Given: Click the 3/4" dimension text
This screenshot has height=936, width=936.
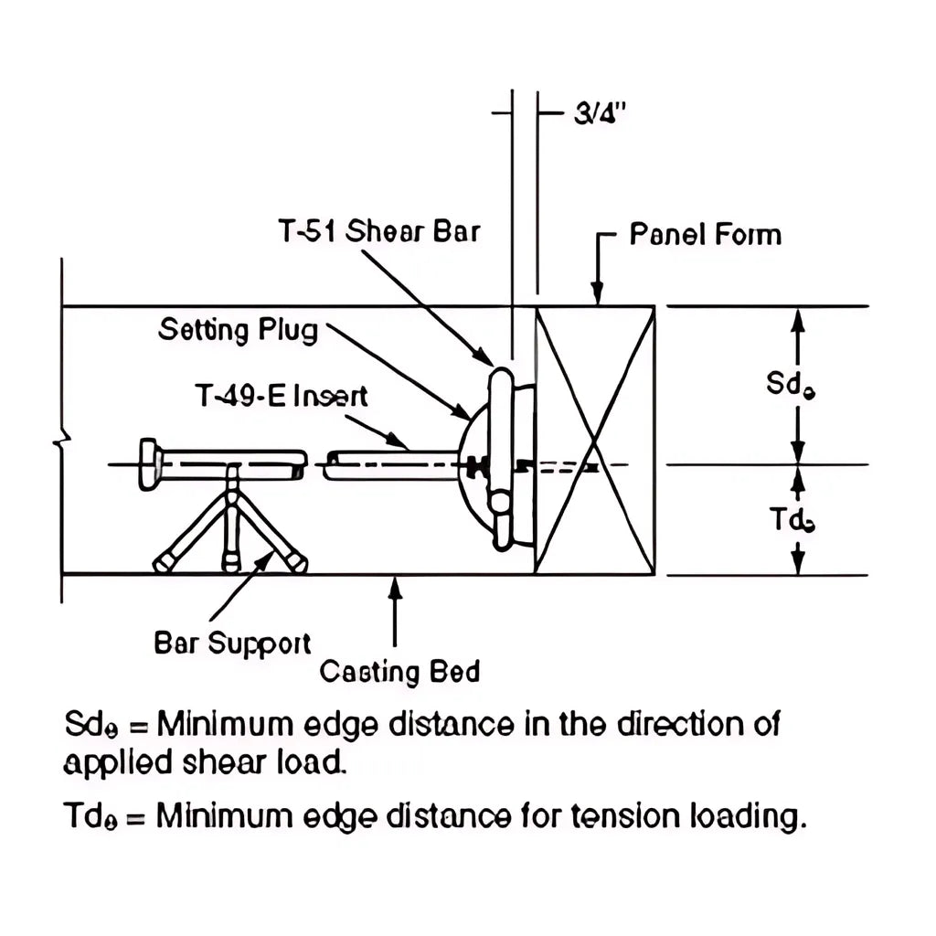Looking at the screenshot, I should pyautogui.click(x=599, y=115).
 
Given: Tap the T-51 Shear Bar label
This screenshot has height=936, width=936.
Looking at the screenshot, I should pyautogui.click(x=378, y=231).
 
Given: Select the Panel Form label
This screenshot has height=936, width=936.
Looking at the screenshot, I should pyautogui.click(x=705, y=235).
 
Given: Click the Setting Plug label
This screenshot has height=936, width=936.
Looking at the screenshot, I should pyautogui.click(x=239, y=329).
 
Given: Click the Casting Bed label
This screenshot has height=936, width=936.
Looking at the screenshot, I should pyautogui.click(x=399, y=673).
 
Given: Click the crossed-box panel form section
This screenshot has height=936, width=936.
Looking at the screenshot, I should pyautogui.click(x=595, y=441).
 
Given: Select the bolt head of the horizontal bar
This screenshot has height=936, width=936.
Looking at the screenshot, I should pyautogui.click(x=148, y=464).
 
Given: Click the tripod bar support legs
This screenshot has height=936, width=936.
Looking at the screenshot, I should pyautogui.click(x=231, y=530).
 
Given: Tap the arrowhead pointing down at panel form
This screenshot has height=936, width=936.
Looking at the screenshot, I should pyautogui.click(x=597, y=294).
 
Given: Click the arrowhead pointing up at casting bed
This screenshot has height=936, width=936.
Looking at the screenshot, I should pyautogui.click(x=395, y=586).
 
